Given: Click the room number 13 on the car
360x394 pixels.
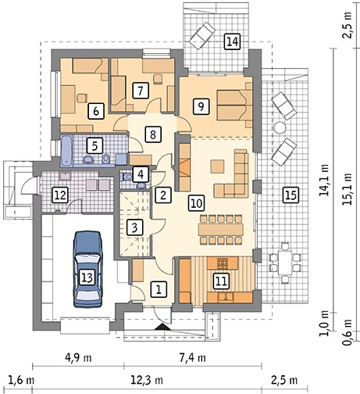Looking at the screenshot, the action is (87, 278).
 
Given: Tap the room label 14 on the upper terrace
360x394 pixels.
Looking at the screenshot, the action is (232, 41).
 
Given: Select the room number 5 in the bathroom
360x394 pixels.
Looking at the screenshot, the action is (94, 145).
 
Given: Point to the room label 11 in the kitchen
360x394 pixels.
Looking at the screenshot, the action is (221, 281).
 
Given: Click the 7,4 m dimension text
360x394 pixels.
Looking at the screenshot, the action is (192, 358).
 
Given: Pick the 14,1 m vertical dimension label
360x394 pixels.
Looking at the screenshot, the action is (324, 180).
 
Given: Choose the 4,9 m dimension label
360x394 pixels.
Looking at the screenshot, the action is (78, 358).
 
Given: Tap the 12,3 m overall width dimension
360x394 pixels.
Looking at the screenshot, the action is (147, 380).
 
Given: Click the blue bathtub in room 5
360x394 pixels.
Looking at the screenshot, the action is (67, 151).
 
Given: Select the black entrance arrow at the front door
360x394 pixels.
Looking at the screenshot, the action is (162, 327).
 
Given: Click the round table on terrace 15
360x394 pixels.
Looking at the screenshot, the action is (280, 127).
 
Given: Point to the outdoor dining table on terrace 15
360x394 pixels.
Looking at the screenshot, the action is (284, 263).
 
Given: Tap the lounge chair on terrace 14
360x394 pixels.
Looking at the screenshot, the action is (202, 36).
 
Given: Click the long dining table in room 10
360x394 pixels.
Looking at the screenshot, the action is (221, 230).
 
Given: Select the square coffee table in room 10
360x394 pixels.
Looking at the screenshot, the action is (218, 167).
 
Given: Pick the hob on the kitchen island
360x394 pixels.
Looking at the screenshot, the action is (222, 263).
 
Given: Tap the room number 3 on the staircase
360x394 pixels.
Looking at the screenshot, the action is (134, 227).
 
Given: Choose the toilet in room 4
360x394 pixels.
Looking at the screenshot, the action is (127, 177).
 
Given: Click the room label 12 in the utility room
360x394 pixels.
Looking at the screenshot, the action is (60, 195).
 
